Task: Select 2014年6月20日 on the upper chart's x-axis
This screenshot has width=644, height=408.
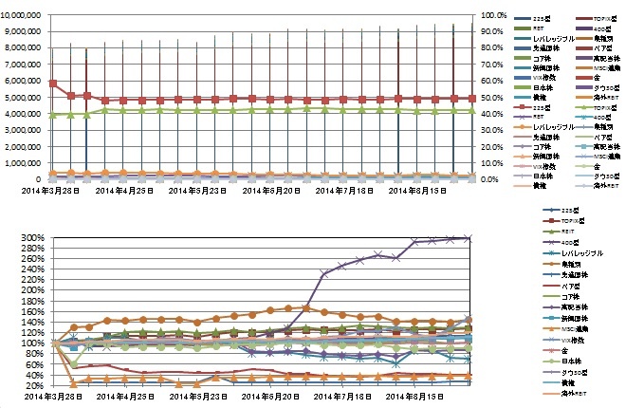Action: click(273, 191)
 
